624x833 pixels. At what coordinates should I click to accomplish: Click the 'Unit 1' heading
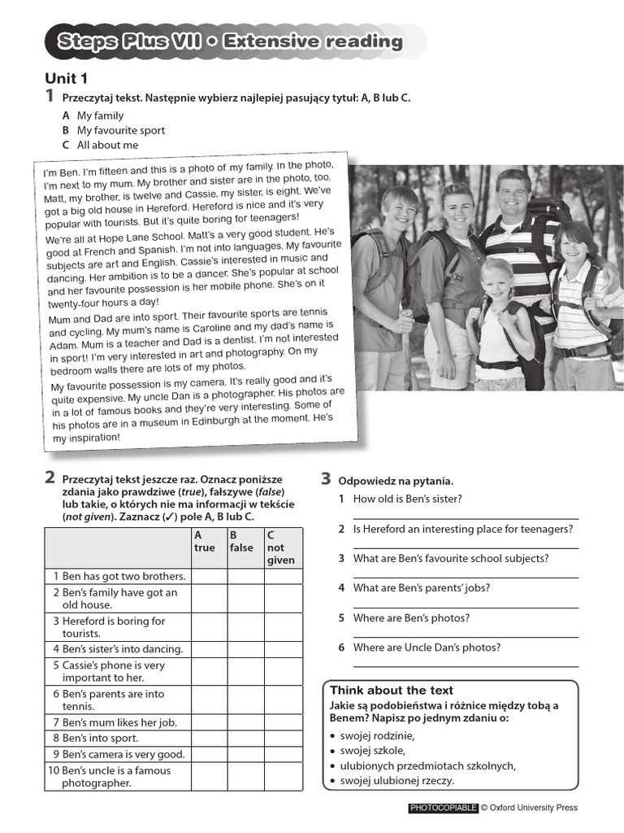66,79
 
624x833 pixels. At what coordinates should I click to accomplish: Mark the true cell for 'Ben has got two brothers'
208,576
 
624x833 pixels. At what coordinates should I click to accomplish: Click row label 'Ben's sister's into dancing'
118,649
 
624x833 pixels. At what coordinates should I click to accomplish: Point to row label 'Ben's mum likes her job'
115,722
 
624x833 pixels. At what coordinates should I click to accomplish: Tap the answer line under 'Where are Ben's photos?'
466,635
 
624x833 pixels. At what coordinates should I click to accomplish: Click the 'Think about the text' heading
392,690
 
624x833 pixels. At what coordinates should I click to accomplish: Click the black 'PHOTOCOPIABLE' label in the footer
442,808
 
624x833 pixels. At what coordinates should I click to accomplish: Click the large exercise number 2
50,478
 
